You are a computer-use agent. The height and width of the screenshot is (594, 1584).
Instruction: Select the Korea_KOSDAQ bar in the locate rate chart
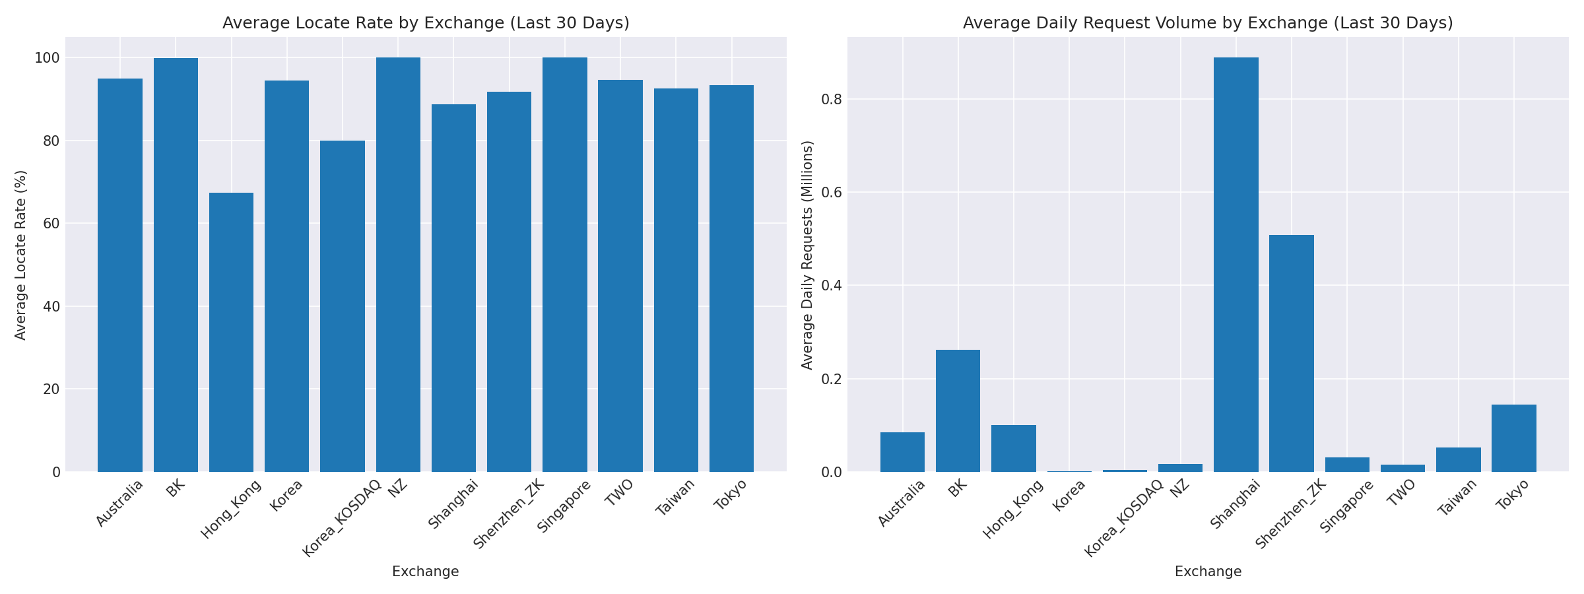(342, 306)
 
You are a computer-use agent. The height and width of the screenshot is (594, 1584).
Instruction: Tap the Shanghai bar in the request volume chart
(1236, 264)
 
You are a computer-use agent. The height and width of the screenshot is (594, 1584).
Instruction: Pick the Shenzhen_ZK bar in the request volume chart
(1291, 353)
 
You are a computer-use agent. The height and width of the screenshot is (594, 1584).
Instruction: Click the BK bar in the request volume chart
(958, 411)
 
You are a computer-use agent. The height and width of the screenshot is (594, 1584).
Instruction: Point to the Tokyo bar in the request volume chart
(1513, 438)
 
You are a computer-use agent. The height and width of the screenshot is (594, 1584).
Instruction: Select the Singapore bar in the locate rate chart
(564, 264)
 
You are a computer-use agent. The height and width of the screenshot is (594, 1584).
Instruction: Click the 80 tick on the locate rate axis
(52, 141)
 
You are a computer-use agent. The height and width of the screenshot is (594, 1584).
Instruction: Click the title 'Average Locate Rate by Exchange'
(426, 23)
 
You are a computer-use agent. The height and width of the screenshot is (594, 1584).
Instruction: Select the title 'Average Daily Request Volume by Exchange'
(1208, 23)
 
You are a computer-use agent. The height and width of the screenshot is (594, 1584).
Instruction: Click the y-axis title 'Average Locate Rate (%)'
(21, 255)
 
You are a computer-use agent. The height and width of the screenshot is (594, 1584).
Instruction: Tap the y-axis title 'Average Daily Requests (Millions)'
(807, 255)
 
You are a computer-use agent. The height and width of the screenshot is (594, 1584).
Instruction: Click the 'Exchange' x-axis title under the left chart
(426, 572)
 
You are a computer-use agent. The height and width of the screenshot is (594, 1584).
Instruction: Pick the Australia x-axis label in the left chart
(119, 503)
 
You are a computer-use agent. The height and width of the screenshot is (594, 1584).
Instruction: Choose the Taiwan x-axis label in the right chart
(1458, 497)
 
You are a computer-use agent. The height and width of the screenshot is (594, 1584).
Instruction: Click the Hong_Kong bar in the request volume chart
(1013, 448)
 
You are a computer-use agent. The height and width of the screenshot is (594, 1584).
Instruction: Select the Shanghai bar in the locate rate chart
(453, 288)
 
